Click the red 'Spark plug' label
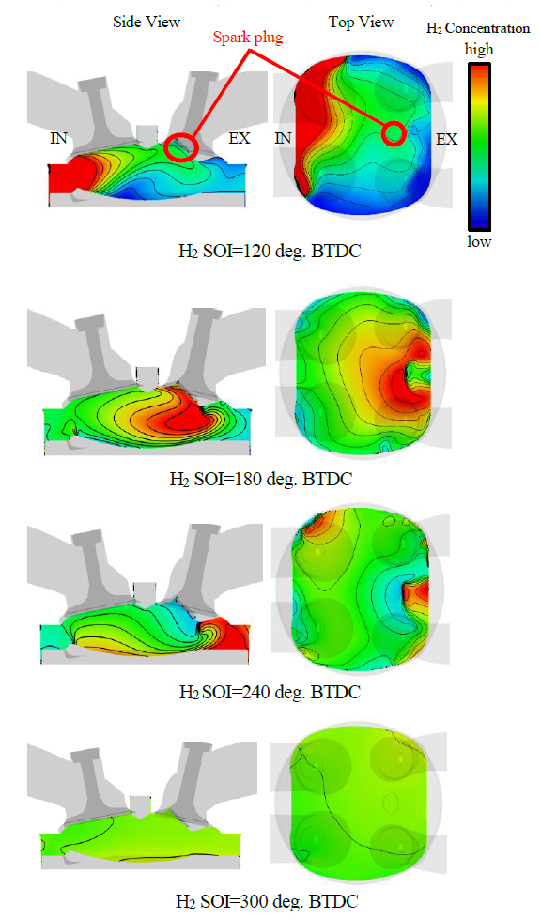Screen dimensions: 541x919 [248, 38]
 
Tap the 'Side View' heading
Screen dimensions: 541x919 [147, 23]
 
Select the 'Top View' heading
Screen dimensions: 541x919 [361, 23]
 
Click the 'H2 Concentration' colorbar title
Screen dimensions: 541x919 [478, 28]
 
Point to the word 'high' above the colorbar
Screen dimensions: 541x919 [479, 50]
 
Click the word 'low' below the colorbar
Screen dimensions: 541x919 [479, 241]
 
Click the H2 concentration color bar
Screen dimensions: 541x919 [479, 146]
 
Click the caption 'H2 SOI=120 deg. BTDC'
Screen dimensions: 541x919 [270, 252]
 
